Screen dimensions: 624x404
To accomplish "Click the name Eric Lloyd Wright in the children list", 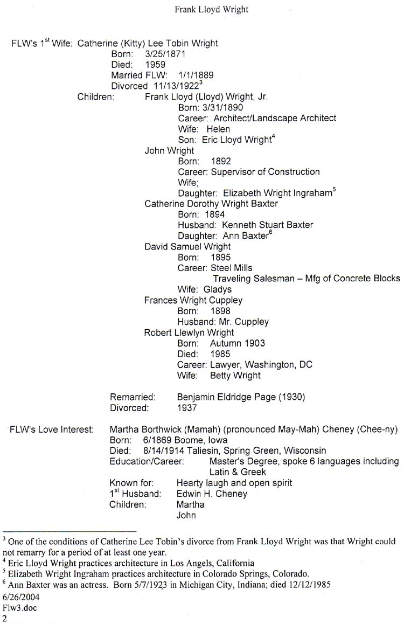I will point(236,140).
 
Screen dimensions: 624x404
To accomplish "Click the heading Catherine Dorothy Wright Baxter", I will point(211,204).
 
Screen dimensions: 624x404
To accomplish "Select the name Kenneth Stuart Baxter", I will point(267,225).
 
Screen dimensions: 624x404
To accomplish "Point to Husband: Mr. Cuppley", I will point(223,322).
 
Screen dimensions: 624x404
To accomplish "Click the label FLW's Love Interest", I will point(52,429).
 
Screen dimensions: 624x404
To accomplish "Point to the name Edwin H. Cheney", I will point(212,494).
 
